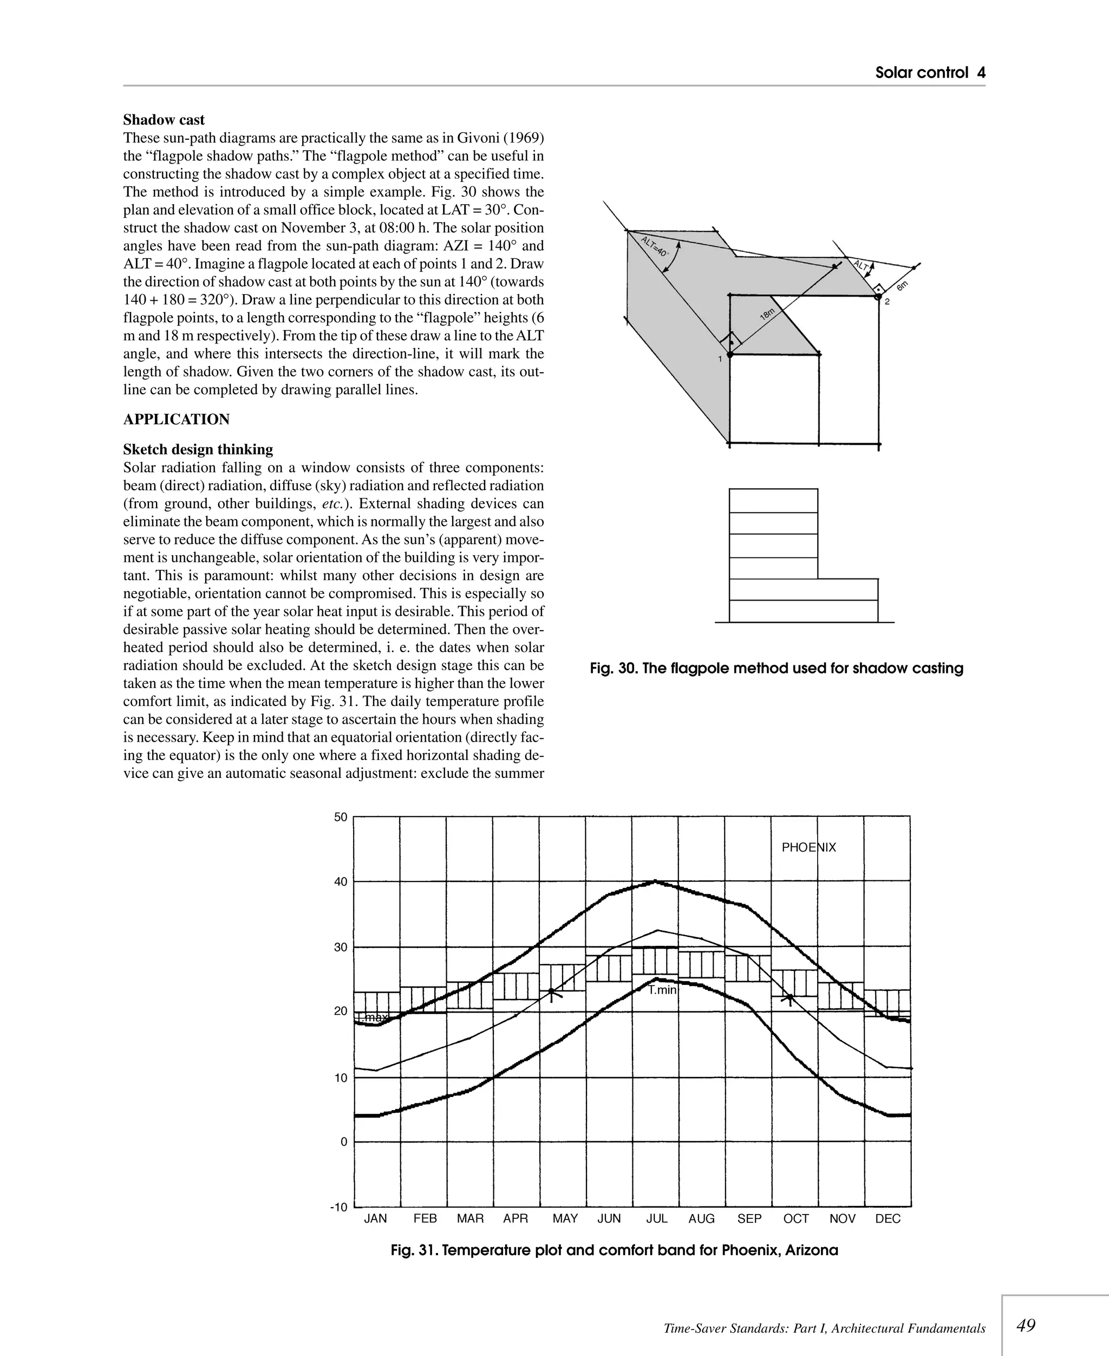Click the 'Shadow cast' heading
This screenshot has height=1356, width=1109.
[x=164, y=120]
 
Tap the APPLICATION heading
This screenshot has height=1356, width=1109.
[x=177, y=420]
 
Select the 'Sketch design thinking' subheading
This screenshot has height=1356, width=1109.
[x=198, y=449]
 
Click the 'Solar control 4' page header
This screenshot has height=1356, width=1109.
[x=929, y=73]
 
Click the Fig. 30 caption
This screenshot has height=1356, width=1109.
[x=776, y=669]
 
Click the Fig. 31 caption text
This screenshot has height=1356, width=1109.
[x=614, y=1250]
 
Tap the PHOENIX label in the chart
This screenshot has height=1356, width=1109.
[x=808, y=847]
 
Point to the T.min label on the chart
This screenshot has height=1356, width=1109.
[x=662, y=990]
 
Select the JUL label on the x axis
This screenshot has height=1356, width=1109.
[x=657, y=1218]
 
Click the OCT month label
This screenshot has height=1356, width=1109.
[x=796, y=1218]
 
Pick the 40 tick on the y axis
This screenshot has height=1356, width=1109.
[x=341, y=882]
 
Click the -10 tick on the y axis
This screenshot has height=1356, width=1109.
[x=338, y=1207]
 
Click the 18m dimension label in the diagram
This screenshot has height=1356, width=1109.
[x=767, y=313]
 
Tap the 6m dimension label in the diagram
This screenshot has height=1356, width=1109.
[x=902, y=286]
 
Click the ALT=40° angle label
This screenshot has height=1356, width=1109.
[x=654, y=246]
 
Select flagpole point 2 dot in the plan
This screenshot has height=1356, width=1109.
[x=878, y=296]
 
